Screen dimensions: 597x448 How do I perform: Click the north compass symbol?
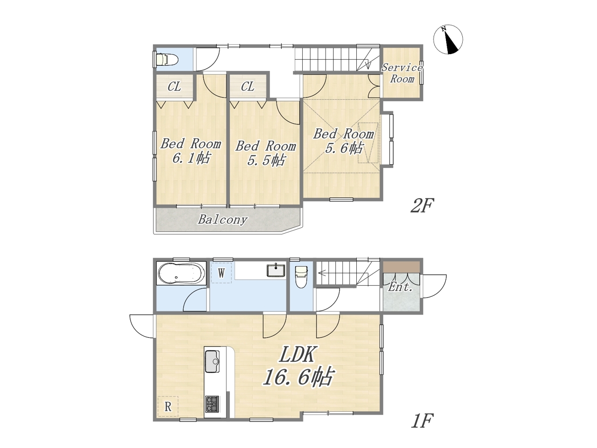(x=448, y=40)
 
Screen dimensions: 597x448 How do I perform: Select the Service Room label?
(x=402, y=73)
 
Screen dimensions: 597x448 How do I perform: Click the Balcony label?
(x=223, y=219)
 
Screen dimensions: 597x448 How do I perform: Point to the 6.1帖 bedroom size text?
(x=191, y=158)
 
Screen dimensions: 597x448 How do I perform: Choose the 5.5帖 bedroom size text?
(x=266, y=160)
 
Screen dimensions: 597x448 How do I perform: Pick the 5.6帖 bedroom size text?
(x=344, y=148)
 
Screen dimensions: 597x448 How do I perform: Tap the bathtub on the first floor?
(x=181, y=273)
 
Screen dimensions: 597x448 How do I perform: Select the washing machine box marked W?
(x=222, y=273)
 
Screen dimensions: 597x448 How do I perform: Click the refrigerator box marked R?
(x=168, y=406)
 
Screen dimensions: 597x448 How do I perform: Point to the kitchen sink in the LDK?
(x=212, y=361)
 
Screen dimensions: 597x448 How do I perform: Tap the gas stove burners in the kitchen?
(x=212, y=404)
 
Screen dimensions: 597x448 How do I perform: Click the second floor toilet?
(x=166, y=59)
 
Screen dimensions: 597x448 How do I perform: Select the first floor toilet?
(x=301, y=277)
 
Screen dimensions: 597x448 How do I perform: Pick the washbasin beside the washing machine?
(x=276, y=270)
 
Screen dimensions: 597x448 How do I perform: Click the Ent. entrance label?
(x=400, y=287)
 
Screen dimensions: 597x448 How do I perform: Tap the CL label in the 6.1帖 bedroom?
(x=174, y=87)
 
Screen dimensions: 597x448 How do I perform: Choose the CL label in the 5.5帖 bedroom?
(x=248, y=87)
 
